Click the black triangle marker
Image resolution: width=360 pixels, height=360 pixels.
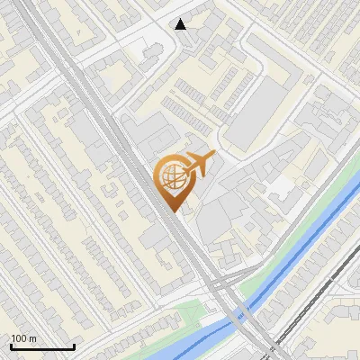[181, 24]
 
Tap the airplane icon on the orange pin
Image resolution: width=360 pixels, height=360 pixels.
[199, 163]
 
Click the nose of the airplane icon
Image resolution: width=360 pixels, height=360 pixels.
[212, 156]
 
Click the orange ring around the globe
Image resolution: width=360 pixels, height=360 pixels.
[157, 175]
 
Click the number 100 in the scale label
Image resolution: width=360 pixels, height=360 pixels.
[19, 338]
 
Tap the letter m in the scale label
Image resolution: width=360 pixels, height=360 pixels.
[33, 338]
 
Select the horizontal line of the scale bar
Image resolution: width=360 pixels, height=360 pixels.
[41, 346]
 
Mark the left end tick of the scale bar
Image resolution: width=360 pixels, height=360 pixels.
[10, 345]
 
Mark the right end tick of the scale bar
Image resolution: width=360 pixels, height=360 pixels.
[74, 345]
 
